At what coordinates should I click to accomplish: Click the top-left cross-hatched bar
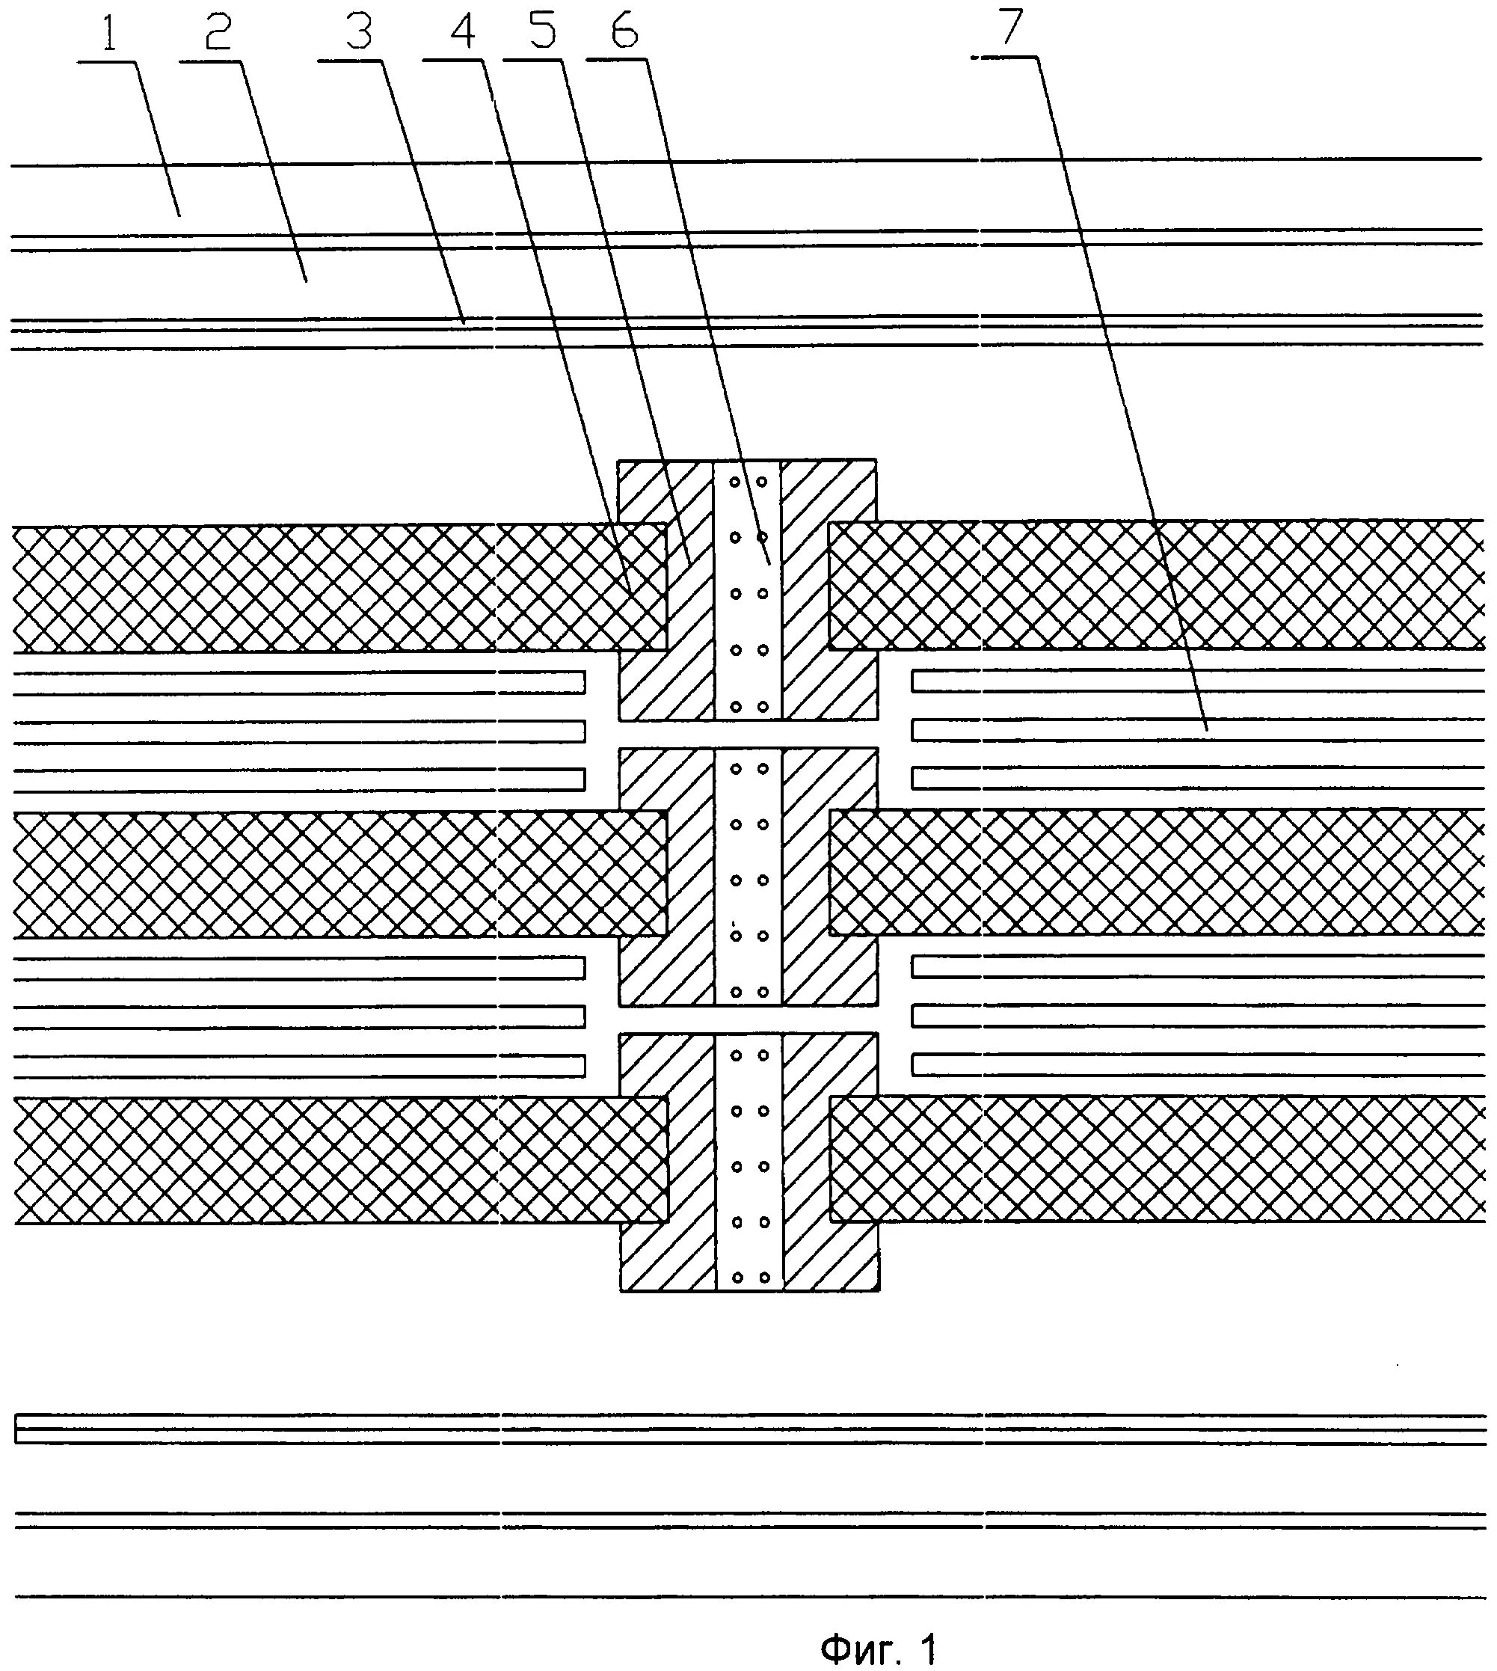pos(329,587)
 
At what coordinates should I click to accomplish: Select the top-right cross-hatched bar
pos(1152,584)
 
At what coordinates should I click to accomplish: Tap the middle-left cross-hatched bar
pos(329,874)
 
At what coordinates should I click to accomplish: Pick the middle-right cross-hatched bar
pos(1152,872)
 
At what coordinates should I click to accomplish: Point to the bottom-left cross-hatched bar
pos(329,1160)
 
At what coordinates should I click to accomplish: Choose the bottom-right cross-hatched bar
pos(1152,1159)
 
